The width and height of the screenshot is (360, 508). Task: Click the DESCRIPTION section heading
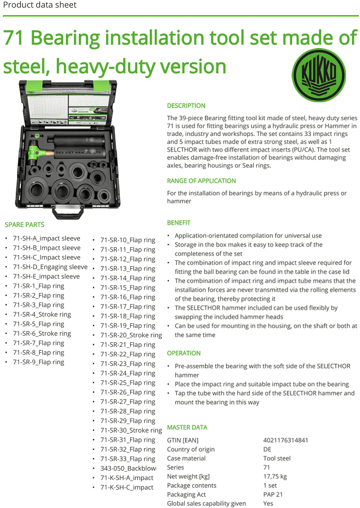click(x=186, y=106)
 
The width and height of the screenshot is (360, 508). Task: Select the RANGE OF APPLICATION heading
click(x=201, y=181)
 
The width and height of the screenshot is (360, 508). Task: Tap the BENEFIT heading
click(x=179, y=223)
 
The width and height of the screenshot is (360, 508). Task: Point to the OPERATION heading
click(x=184, y=353)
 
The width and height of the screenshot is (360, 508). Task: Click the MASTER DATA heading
click(x=187, y=428)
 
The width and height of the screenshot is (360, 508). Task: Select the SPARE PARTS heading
click(x=24, y=225)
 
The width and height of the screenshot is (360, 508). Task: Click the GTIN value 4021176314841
click(x=286, y=440)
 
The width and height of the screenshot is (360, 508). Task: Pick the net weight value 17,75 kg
click(x=275, y=477)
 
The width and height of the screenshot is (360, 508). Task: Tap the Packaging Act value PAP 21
click(x=273, y=495)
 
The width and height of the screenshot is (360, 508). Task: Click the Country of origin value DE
click(x=267, y=449)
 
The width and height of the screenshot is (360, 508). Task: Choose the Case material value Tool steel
click(x=277, y=458)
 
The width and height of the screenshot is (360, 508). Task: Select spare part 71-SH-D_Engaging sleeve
click(x=50, y=267)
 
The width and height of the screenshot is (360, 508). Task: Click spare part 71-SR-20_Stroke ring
click(x=131, y=335)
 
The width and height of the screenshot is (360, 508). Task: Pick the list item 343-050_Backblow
click(x=128, y=469)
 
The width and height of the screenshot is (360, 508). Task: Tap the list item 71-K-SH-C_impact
click(x=127, y=488)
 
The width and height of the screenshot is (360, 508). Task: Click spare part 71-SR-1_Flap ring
click(x=38, y=286)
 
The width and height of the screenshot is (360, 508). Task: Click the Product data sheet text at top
click(x=40, y=5)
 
